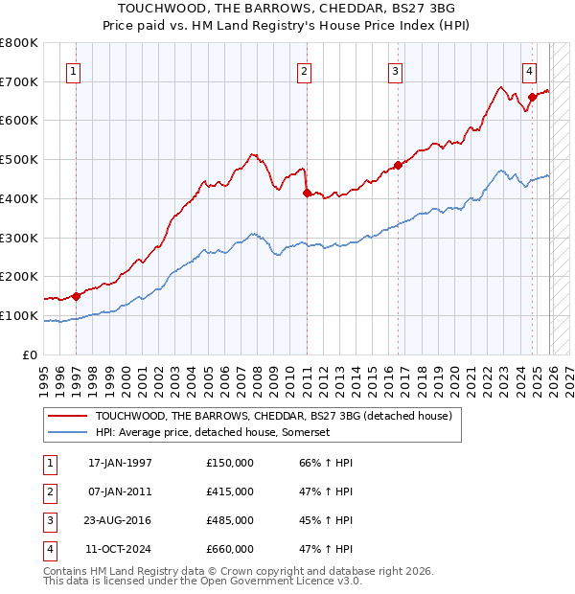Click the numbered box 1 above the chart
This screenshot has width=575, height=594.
pyautogui.click(x=74, y=70)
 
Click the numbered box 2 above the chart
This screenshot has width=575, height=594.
pyautogui.click(x=304, y=70)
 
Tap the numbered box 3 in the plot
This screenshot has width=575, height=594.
pyautogui.click(x=395, y=70)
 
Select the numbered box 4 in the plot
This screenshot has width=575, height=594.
pyautogui.click(x=529, y=70)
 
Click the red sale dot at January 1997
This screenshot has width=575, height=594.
pyautogui.click(x=77, y=296)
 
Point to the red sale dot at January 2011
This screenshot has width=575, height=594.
pyautogui.click(x=307, y=193)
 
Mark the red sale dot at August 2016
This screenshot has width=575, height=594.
pyautogui.click(x=399, y=165)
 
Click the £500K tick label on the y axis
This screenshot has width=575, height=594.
pyautogui.click(x=19, y=159)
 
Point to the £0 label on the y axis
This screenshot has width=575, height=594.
pyautogui.click(x=30, y=354)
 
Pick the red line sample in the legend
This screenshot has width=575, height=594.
pyautogui.click(x=67, y=416)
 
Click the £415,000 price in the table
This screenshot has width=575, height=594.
pyautogui.click(x=229, y=491)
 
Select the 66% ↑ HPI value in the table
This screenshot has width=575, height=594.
pyautogui.click(x=326, y=463)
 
